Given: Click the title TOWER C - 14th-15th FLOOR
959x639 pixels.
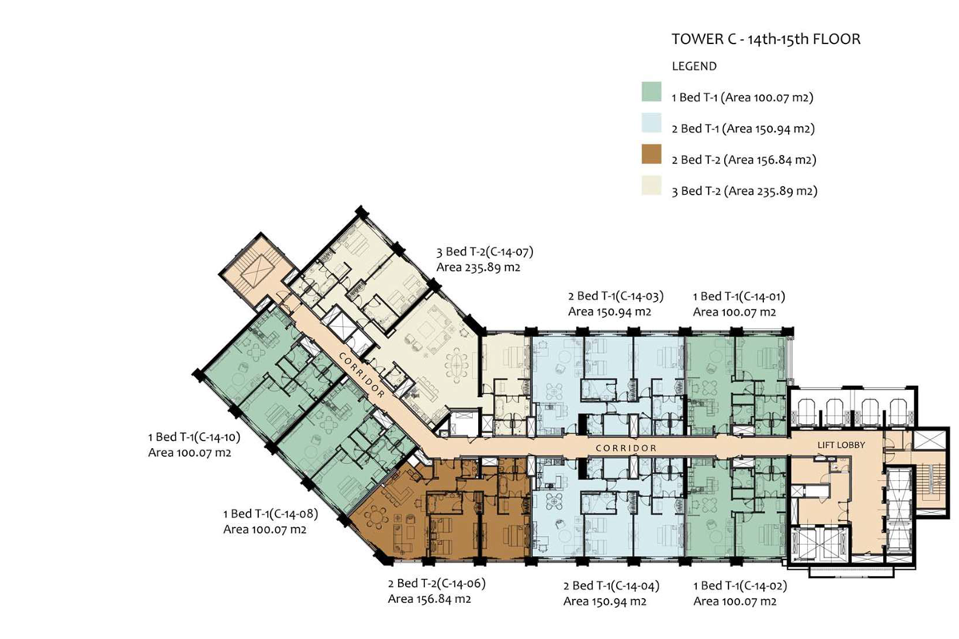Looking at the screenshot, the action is [766, 39].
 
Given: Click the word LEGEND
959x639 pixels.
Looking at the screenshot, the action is [694, 66].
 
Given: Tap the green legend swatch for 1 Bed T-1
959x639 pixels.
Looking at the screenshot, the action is [651, 92].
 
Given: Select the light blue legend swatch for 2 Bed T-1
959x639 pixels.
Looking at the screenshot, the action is [651, 123].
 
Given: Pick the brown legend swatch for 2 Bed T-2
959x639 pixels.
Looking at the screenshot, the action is [651, 154].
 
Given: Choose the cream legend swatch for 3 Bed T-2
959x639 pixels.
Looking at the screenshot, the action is [651, 185].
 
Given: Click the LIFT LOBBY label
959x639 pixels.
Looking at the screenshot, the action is [841, 445].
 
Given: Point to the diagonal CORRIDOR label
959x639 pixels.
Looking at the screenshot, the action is [362, 375].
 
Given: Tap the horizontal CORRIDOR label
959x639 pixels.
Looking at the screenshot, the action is [626, 447].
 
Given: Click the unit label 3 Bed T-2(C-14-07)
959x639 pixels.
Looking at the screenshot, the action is [484, 252].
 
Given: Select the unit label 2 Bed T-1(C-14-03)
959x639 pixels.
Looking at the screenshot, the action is [615, 296].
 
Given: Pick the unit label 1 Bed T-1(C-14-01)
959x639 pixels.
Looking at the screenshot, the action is [739, 296].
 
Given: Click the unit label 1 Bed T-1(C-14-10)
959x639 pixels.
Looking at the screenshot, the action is [194, 437].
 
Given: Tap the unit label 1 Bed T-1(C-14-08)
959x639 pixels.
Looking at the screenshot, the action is [271, 514].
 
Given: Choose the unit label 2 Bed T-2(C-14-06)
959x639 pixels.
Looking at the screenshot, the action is [436, 583].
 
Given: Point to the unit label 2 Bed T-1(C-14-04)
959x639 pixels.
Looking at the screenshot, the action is [611, 585].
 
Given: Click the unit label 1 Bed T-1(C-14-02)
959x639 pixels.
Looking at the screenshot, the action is [740, 585].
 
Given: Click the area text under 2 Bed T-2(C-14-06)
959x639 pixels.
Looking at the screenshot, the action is [429, 599].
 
